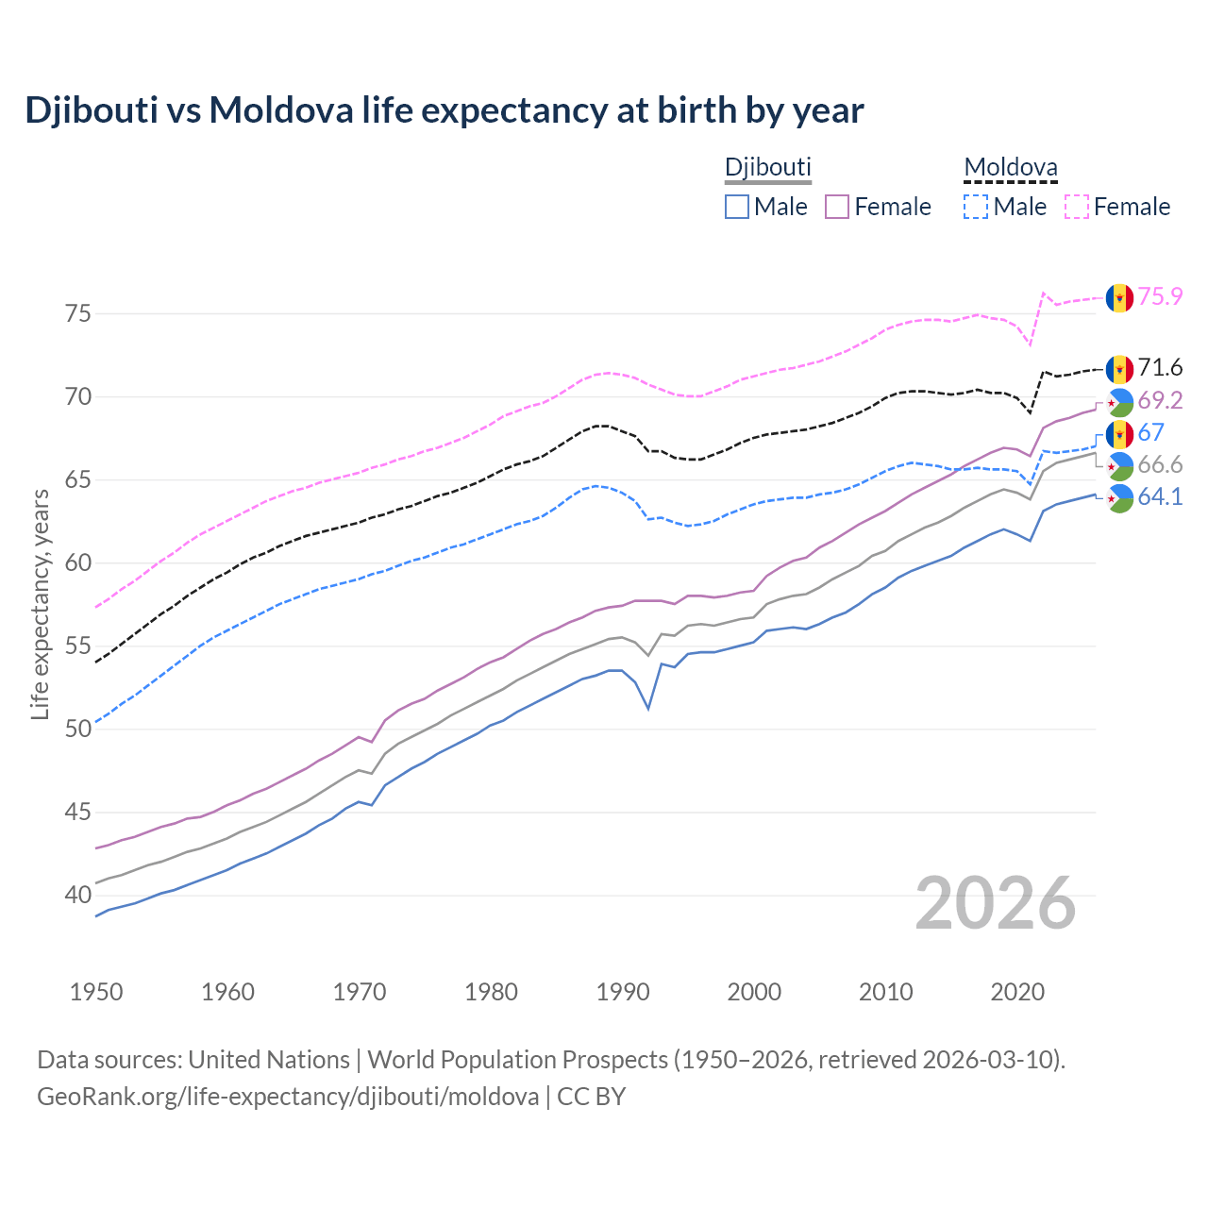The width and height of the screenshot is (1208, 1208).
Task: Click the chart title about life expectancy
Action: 444,110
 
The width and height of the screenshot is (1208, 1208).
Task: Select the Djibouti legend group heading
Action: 767,167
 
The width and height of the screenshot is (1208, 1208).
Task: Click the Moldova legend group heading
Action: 1010,167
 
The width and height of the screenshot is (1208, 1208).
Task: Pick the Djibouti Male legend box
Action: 737,207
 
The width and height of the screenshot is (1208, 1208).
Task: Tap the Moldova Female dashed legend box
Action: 1077,207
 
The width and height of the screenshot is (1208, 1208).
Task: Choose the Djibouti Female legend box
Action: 838,207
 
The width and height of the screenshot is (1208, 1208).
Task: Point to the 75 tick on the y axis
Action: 78,313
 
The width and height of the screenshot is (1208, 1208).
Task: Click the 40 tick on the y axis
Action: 78,895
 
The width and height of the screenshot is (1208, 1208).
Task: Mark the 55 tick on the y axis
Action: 78,646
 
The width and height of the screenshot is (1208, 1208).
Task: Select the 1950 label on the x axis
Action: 96,992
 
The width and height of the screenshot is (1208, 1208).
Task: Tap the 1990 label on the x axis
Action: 623,992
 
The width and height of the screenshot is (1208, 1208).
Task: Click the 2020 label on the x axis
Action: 1017,992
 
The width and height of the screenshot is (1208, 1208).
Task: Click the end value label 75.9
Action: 1160,296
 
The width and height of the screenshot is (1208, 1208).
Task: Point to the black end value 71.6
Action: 1160,367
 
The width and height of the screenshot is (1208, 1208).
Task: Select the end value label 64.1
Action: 1160,496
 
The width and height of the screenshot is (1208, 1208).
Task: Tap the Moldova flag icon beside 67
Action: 1119,434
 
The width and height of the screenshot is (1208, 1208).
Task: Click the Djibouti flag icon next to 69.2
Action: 1119,402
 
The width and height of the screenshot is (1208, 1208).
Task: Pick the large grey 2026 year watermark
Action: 996,903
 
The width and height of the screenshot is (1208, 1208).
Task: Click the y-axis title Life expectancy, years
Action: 40,604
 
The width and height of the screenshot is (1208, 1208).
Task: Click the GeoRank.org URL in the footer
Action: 288,1097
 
